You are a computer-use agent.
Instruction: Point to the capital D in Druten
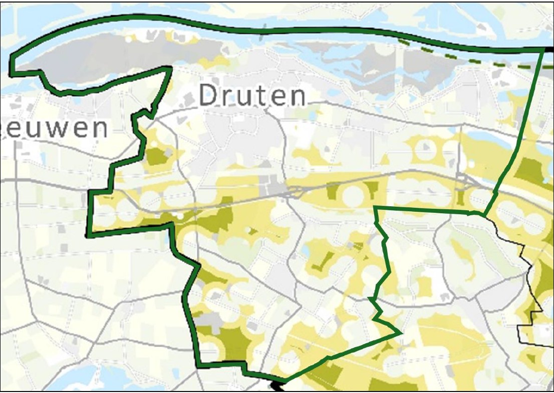click(x=209, y=96)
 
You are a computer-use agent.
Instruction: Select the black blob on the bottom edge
click(x=277, y=385)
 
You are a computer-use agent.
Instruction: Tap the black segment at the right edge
click(x=549, y=49)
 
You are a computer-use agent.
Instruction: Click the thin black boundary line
click(x=521, y=250)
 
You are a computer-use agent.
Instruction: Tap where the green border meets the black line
click(x=484, y=215)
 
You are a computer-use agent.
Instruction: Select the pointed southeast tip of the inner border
click(x=401, y=332)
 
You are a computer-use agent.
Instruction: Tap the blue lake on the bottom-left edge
click(x=75, y=378)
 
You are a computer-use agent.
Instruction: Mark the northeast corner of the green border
click(x=544, y=49)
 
